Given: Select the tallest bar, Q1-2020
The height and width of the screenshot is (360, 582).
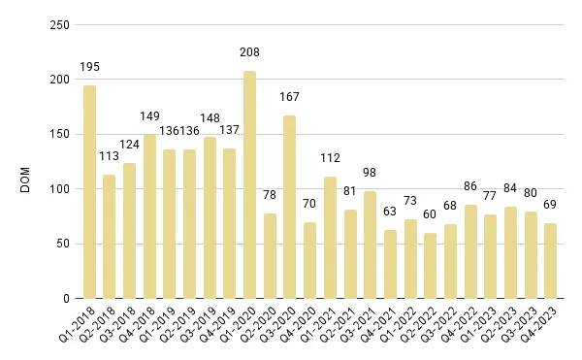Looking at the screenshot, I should pyautogui.click(x=249, y=184).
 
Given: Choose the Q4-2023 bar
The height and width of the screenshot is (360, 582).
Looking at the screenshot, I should pyautogui.click(x=550, y=260).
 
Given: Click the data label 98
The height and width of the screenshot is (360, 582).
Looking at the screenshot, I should pyautogui.click(x=370, y=173).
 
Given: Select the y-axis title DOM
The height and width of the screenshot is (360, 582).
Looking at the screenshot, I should pyautogui.click(x=26, y=163).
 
